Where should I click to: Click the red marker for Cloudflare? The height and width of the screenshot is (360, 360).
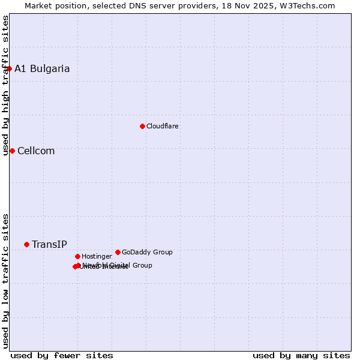(142, 126)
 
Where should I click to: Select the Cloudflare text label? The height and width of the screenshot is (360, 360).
(162, 126)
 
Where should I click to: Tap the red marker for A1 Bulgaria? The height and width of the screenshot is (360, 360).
(9, 68)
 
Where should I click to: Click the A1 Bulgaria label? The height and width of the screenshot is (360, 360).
(42, 68)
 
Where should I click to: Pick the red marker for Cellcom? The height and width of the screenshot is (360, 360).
(12, 151)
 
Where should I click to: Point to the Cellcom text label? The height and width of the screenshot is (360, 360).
(36, 151)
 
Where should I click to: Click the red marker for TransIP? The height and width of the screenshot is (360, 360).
(26, 244)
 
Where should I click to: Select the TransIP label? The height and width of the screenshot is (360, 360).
(49, 244)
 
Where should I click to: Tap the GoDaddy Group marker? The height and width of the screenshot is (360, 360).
(118, 252)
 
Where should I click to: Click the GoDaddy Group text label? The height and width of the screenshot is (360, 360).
(147, 252)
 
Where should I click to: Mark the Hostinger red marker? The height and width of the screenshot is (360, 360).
(77, 256)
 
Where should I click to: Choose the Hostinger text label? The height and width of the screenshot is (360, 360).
(97, 256)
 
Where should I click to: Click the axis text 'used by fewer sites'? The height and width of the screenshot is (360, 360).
(62, 355)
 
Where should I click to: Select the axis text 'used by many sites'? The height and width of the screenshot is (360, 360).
(301, 355)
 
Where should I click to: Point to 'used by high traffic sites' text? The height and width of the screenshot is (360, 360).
(5, 85)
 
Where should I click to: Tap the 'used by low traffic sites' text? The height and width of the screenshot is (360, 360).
(5, 281)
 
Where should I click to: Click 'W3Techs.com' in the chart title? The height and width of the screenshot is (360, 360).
(310, 5)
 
